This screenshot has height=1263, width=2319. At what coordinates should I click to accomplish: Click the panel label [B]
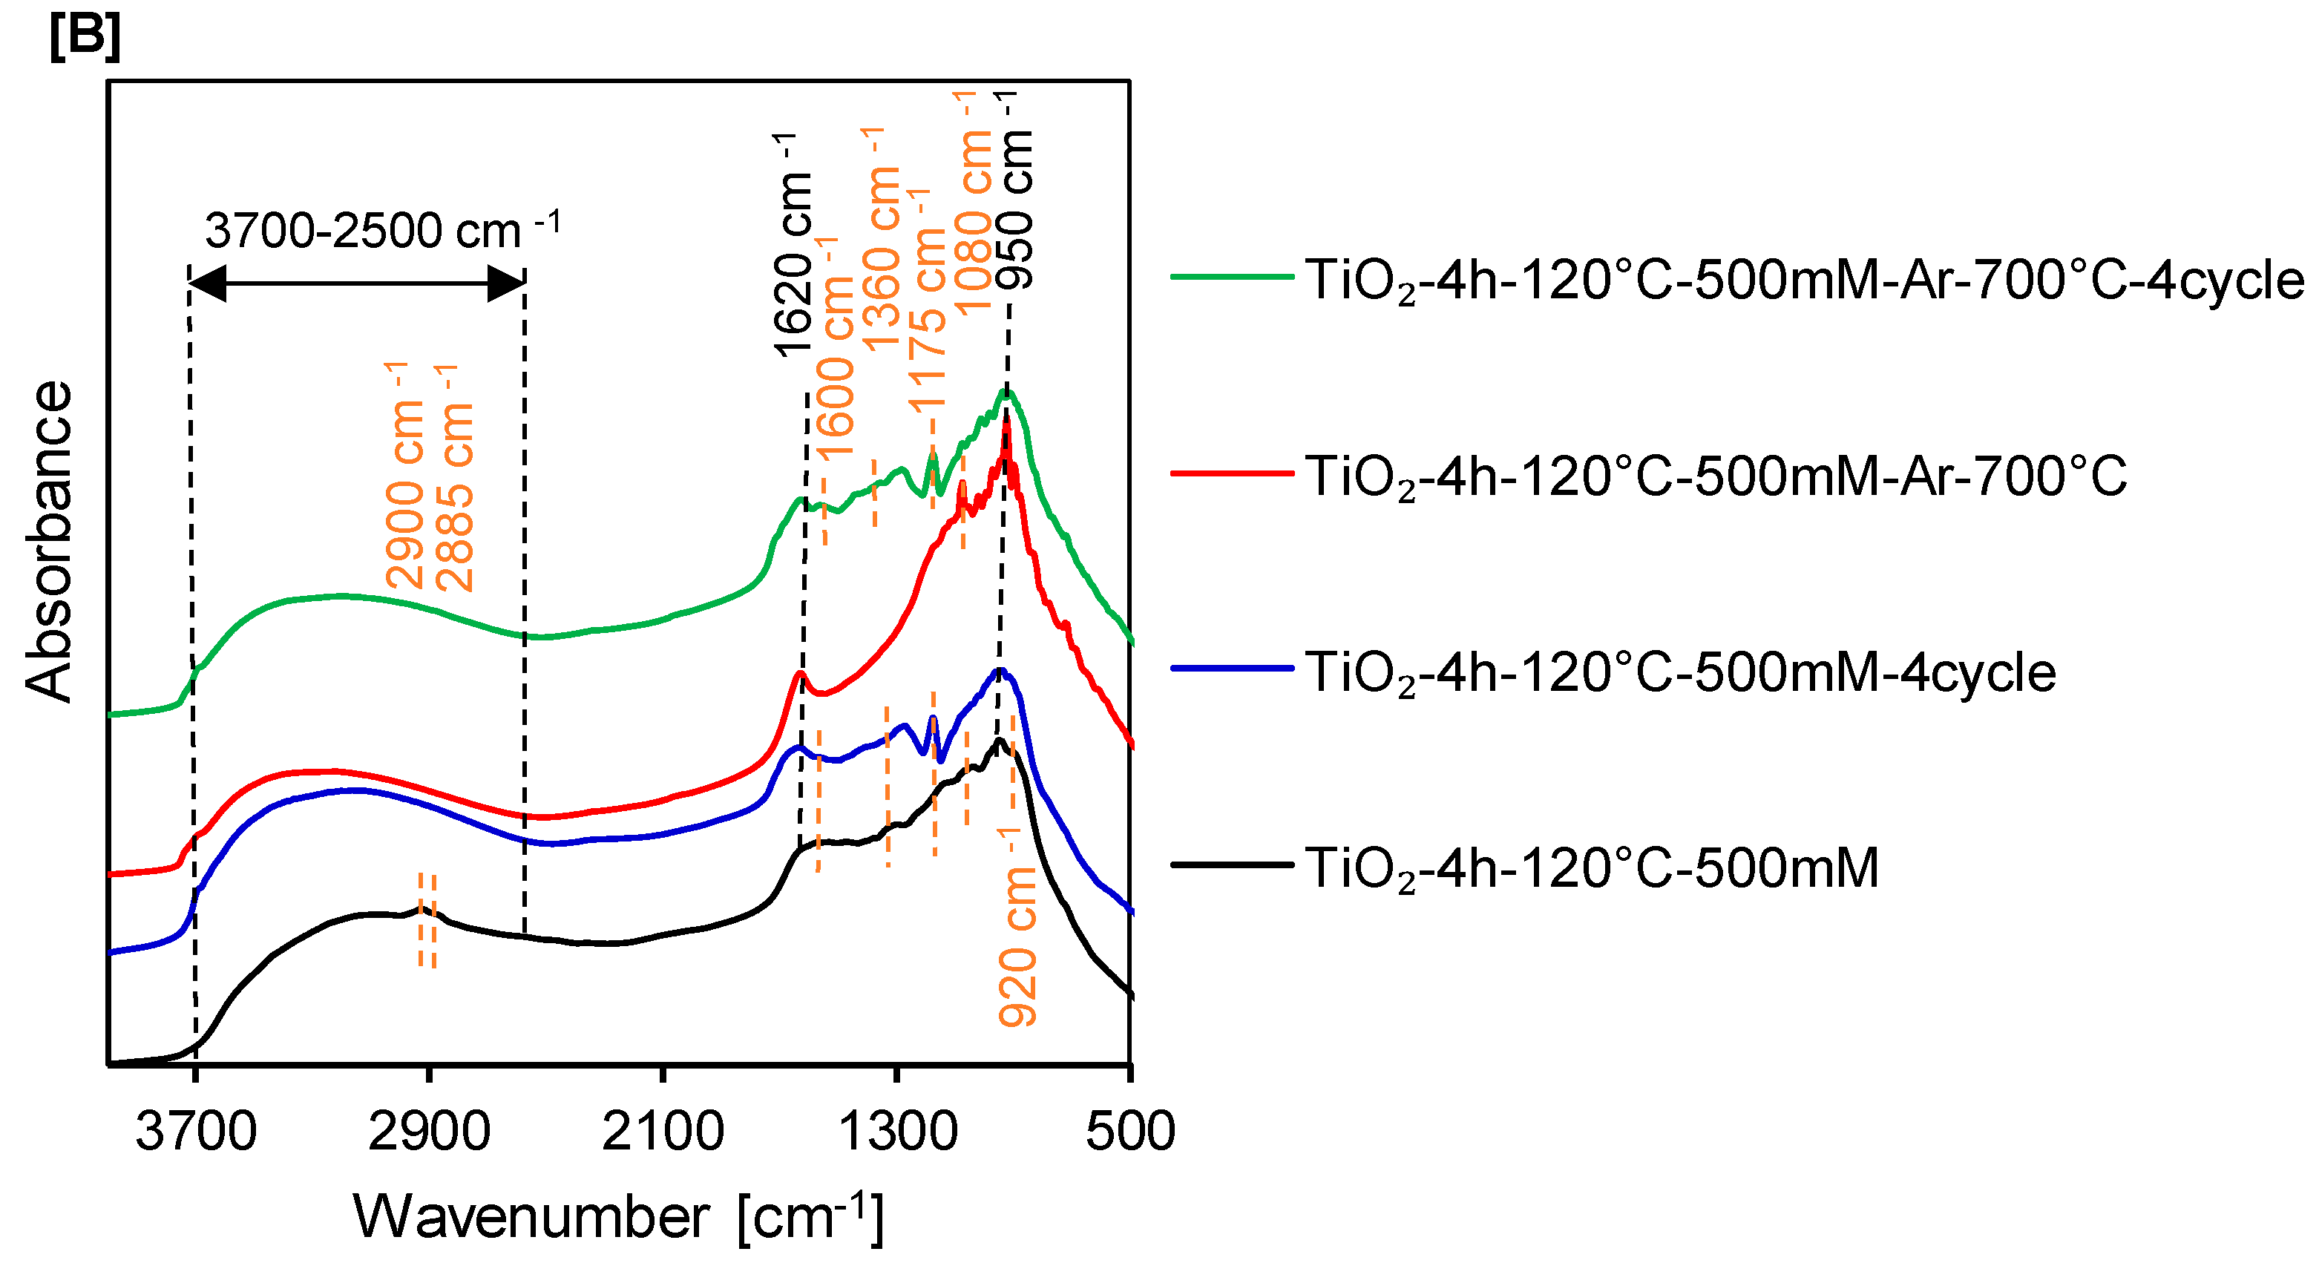point(85,38)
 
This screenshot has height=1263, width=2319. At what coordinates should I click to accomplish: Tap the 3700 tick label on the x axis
point(195,1132)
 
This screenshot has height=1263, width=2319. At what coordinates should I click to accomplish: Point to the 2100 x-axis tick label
point(663,1132)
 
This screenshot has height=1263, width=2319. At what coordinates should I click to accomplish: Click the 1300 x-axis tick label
point(896,1132)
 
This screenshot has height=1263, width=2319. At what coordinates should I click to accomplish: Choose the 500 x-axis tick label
point(1129,1132)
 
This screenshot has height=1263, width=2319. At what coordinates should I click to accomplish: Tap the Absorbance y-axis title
point(49,540)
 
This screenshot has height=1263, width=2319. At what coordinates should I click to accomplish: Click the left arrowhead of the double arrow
point(207,283)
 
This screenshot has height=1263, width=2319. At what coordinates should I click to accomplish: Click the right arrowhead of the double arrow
point(506,283)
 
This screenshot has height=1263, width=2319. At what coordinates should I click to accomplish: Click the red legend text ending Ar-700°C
point(1715,476)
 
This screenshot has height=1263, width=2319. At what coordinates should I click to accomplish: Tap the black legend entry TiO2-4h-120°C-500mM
point(1592,867)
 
